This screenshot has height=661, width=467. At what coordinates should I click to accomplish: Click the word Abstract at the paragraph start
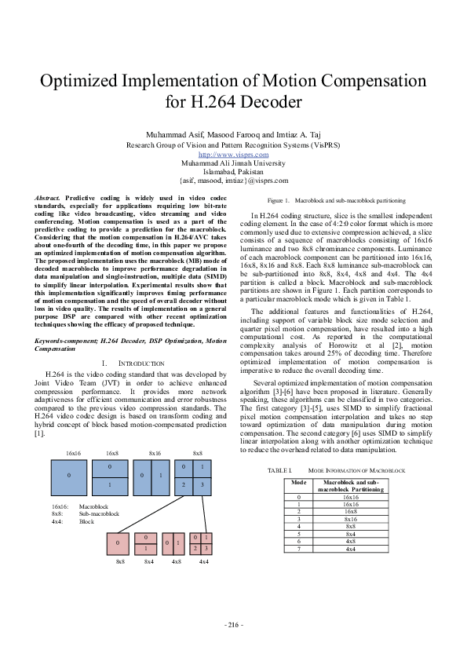tap(49, 197)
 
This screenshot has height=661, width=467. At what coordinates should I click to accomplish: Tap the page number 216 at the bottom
tap(233, 624)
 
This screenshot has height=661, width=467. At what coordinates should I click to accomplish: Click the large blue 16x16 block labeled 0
tap(69, 477)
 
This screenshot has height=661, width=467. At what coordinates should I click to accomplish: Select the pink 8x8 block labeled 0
tap(119, 542)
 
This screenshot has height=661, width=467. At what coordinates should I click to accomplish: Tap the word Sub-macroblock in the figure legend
tap(99, 513)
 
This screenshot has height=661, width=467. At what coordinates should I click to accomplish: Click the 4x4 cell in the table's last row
tap(350, 548)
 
